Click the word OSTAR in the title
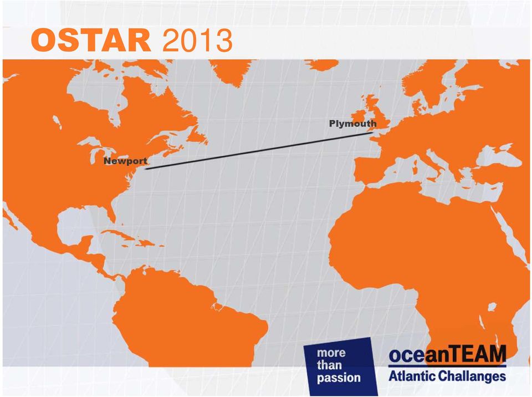click(x=91, y=40)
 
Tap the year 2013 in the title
click(x=197, y=40)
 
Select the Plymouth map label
click(x=353, y=124)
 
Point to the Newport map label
click(x=126, y=161)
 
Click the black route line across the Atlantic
click(x=259, y=151)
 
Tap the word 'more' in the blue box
click(x=331, y=353)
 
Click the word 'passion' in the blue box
click(x=339, y=378)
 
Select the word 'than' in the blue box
click(x=329, y=365)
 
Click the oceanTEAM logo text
click(x=447, y=354)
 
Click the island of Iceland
click(x=321, y=64)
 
